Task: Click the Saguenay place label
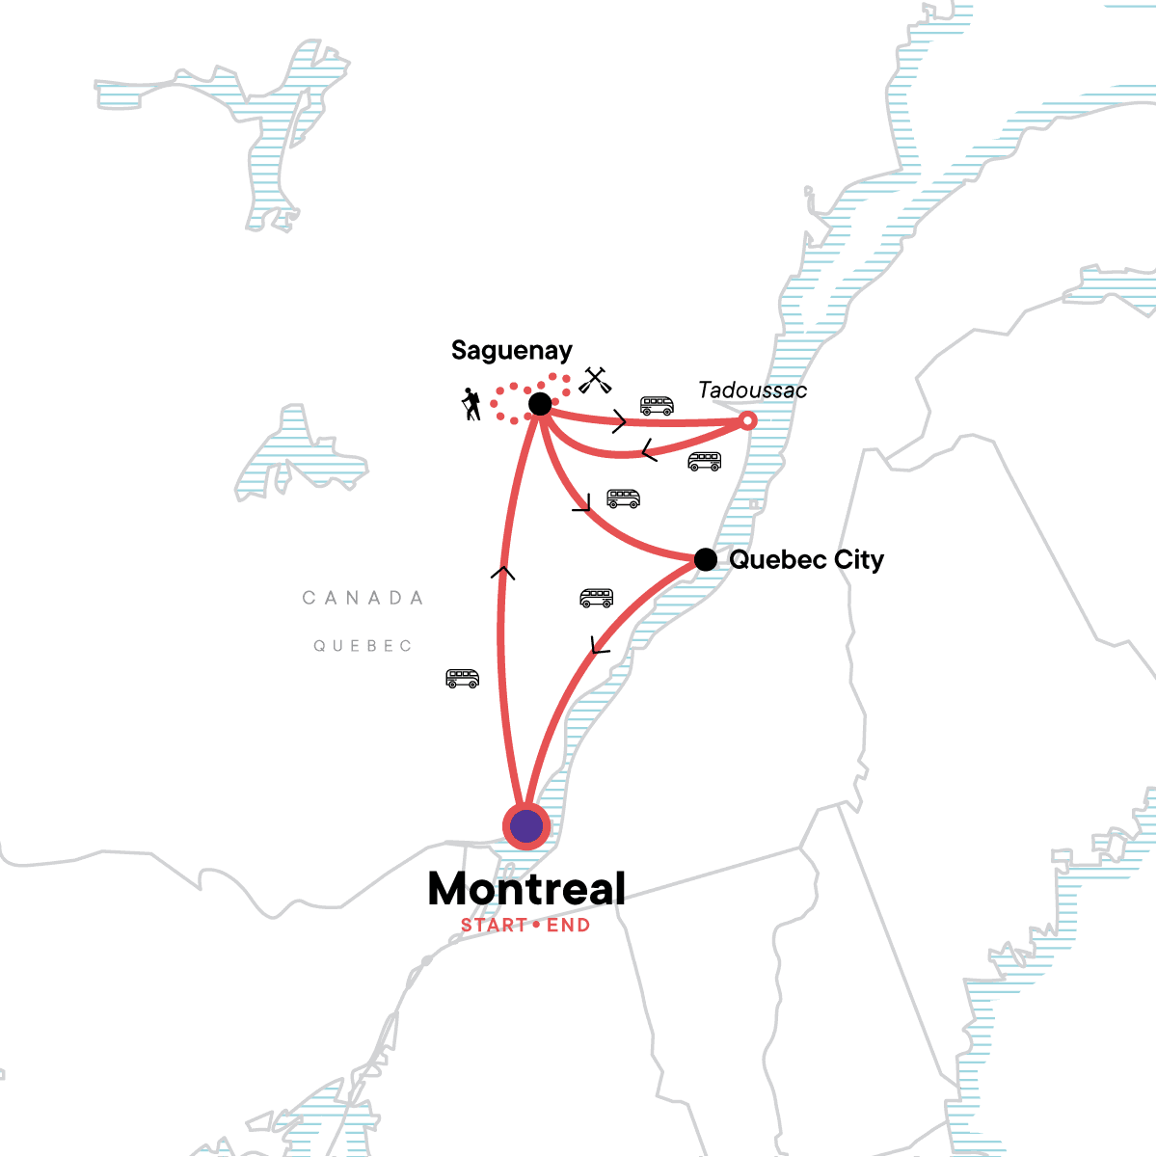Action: click(x=511, y=351)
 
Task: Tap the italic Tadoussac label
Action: click(x=752, y=390)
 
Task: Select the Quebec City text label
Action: click(x=806, y=560)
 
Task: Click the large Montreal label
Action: click(x=526, y=889)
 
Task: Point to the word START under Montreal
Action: click(x=494, y=926)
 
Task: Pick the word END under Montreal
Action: click(x=568, y=926)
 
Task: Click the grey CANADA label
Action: click(x=363, y=598)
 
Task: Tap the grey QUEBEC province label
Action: click(x=363, y=646)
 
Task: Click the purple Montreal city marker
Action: click(x=526, y=825)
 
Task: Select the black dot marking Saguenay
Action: click(x=540, y=404)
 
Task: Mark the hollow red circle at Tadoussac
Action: click(x=747, y=420)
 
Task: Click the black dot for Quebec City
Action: click(x=706, y=559)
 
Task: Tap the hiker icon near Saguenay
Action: click(x=471, y=404)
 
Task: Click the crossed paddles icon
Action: click(x=594, y=381)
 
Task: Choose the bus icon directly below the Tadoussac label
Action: click(x=704, y=462)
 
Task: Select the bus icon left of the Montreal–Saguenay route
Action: click(x=462, y=679)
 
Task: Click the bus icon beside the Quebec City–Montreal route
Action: click(x=596, y=598)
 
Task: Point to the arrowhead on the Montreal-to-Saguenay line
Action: click(x=502, y=574)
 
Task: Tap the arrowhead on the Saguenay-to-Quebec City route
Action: click(x=581, y=503)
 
